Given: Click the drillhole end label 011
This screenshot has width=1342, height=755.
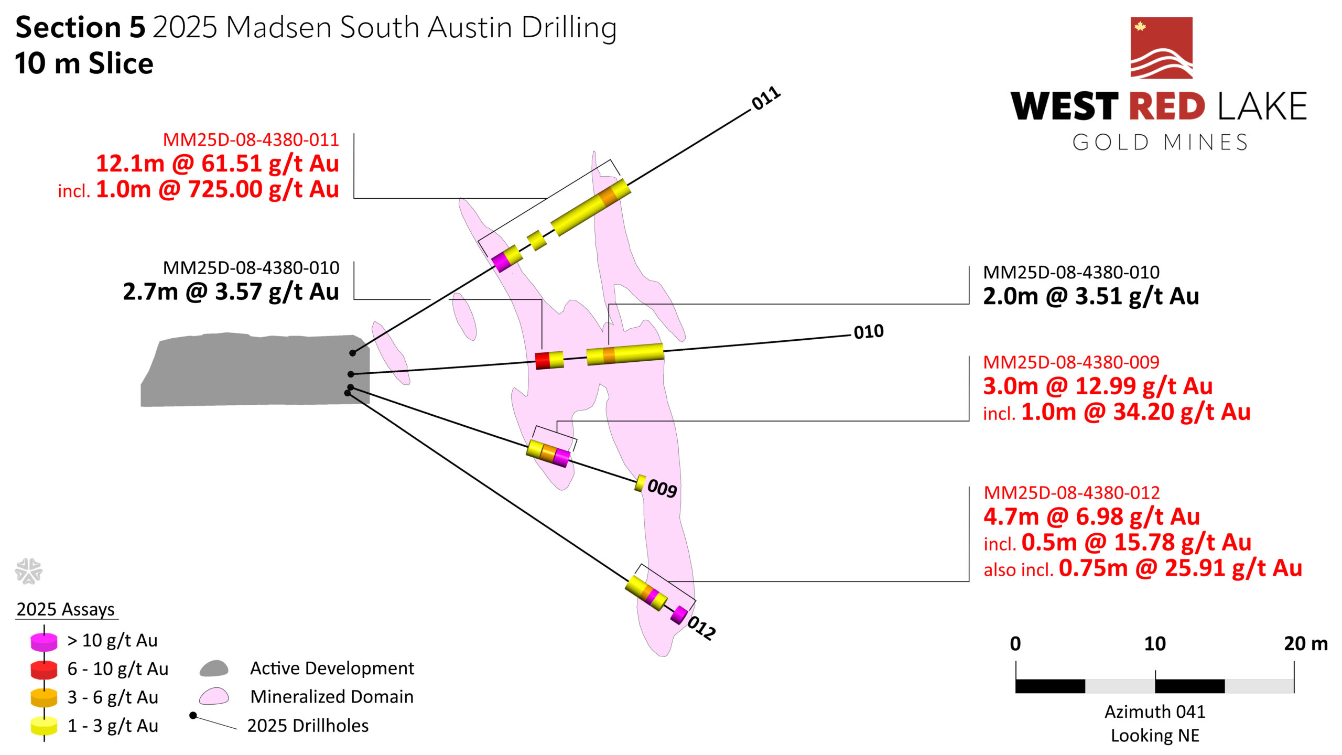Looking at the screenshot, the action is (766, 98).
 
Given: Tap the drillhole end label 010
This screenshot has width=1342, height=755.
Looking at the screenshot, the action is (869, 332).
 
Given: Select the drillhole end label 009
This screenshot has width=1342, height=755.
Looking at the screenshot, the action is (662, 488).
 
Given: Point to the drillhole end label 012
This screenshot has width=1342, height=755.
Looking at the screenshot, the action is (701, 628).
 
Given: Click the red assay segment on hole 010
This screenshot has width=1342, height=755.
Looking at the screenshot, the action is (542, 361).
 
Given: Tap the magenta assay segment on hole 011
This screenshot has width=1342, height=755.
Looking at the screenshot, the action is (501, 262).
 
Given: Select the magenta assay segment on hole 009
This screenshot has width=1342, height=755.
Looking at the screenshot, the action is (561, 458).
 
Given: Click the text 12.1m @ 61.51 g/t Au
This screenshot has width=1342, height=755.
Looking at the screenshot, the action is (218, 164).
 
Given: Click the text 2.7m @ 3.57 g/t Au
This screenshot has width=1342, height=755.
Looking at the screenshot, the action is (231, 292).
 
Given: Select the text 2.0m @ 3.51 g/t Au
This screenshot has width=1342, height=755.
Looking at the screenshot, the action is (1091, 296).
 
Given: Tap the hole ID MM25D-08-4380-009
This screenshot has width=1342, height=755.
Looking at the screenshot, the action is (1071, 362).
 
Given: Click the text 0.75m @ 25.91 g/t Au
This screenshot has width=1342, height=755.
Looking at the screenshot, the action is (1181, 568).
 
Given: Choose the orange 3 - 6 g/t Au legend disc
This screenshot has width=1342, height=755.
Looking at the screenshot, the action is (44, 698).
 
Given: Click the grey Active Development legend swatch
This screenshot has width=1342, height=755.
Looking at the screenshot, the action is (214, 668).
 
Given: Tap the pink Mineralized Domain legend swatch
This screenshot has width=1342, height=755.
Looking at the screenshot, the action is (214, 696).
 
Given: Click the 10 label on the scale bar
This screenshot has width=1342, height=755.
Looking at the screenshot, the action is (1155, 644).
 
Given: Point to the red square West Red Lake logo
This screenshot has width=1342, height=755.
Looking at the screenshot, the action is (1162, 48).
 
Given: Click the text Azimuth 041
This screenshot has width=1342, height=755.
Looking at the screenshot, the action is (1155, 711).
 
